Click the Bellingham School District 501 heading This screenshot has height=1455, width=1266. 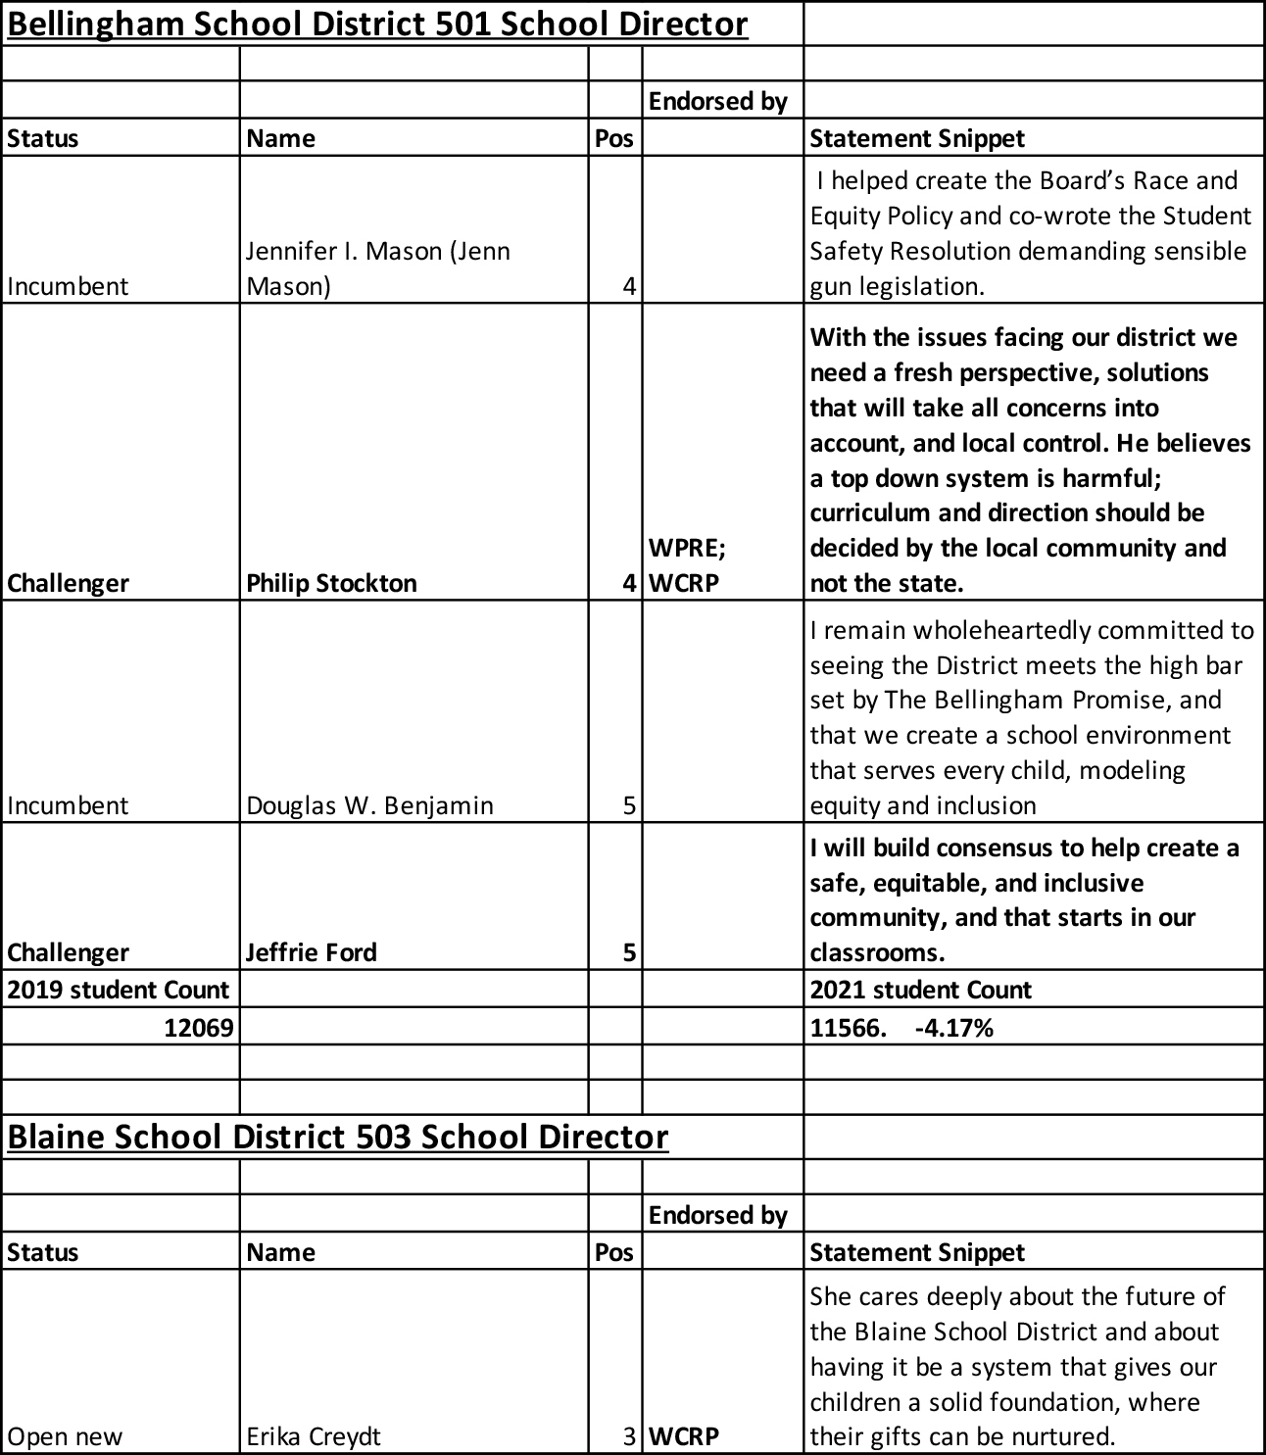click(377, 24)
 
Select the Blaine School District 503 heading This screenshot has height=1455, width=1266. click(338, 1137)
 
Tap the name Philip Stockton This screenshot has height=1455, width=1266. click(331, 583)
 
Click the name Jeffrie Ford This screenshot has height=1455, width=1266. click(311, 952)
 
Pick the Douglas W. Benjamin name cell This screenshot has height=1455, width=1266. click(369, 805)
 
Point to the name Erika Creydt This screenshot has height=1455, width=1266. click(313, 1436)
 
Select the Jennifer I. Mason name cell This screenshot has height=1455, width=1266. click(377, 268)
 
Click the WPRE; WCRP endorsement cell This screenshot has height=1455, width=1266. click(686, 565)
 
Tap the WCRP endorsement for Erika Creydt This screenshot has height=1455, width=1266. click(684, 1436)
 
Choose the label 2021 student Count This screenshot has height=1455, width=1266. click(920, 990)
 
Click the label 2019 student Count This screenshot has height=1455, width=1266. click(119, 990)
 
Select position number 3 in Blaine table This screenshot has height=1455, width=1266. click(629, 1436)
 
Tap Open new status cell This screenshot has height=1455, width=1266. click(65, 1436)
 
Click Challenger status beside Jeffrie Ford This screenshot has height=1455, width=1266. click(68, 952)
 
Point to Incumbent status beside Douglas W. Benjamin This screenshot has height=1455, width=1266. click(68, 805)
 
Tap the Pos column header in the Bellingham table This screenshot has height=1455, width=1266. click(613, 138)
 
